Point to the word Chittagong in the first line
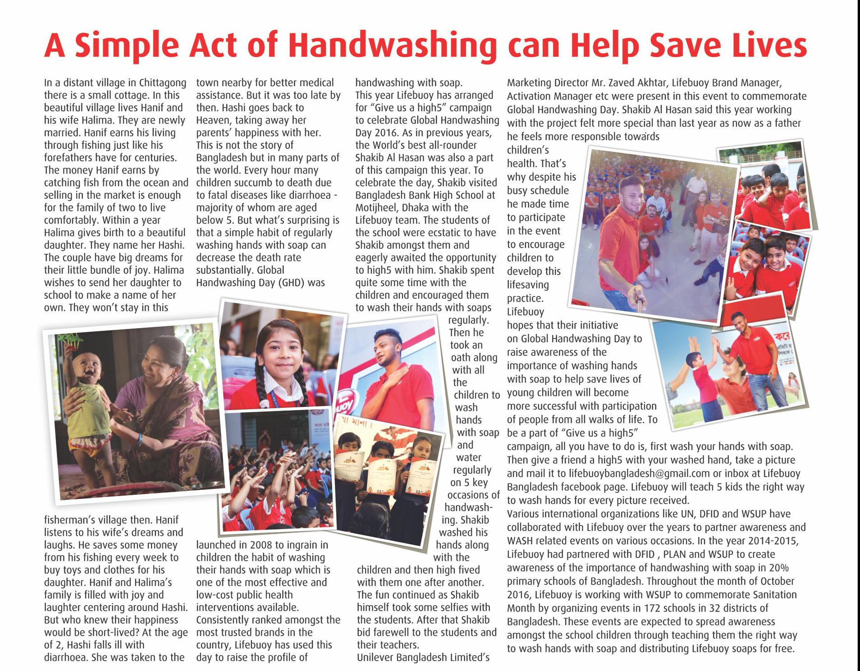163,83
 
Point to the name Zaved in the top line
600,83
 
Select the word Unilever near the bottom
375,657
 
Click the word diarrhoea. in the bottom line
66,657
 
